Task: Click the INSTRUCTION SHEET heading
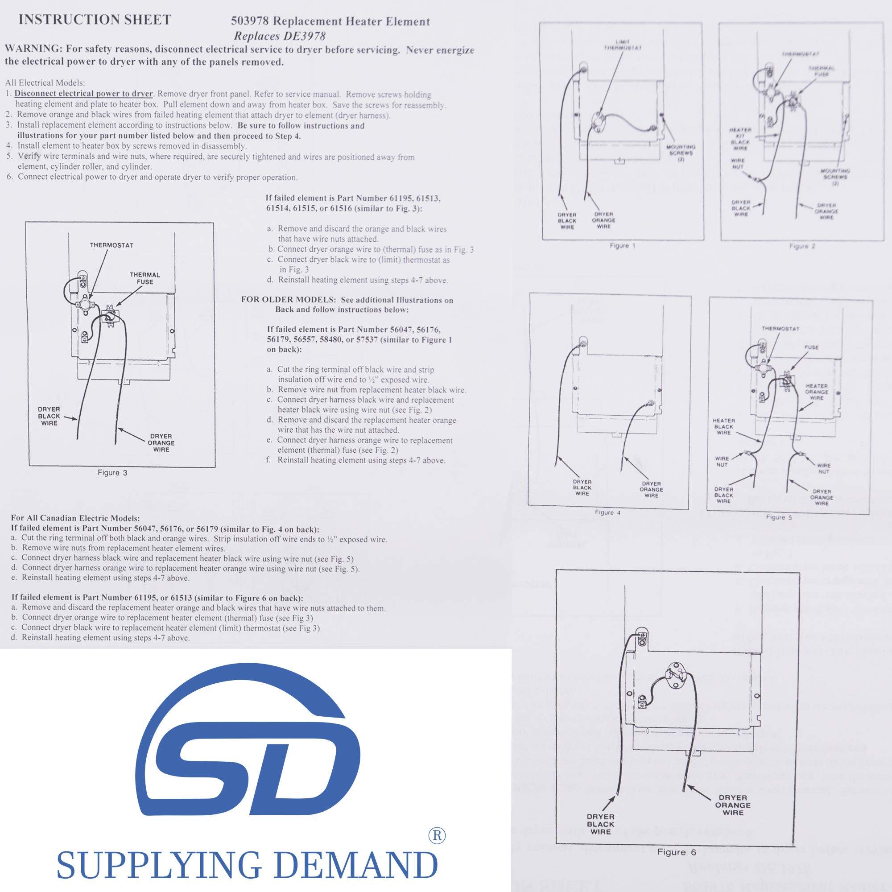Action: point(95,20)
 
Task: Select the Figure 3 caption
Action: point(112,472)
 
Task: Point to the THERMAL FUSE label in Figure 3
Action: point(145,278)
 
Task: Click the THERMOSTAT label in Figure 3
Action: point(111,245)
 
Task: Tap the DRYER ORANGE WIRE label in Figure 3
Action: point(161,443)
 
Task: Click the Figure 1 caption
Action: point(622,246)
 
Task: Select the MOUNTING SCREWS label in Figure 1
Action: point(681,153)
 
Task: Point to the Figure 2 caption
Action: point(802,246)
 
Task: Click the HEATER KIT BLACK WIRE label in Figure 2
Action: point(740,139)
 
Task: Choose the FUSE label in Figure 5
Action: point(811,347)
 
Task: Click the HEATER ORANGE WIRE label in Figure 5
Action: point(816,392)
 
